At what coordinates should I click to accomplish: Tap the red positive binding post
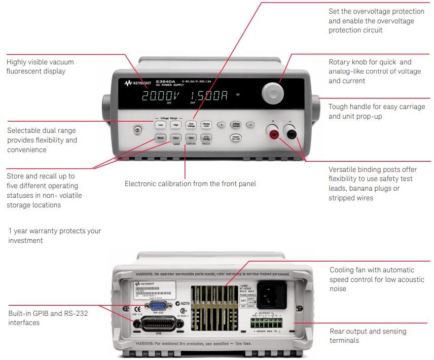[274, 134]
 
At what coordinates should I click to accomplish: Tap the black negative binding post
[292, 134]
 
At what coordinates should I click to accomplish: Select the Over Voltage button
[191, 124]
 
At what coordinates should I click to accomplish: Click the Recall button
[161, 137]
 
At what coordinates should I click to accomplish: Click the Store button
[176, 137]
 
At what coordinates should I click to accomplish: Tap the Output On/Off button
[236, 137]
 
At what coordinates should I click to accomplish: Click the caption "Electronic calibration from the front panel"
[190, 184]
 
